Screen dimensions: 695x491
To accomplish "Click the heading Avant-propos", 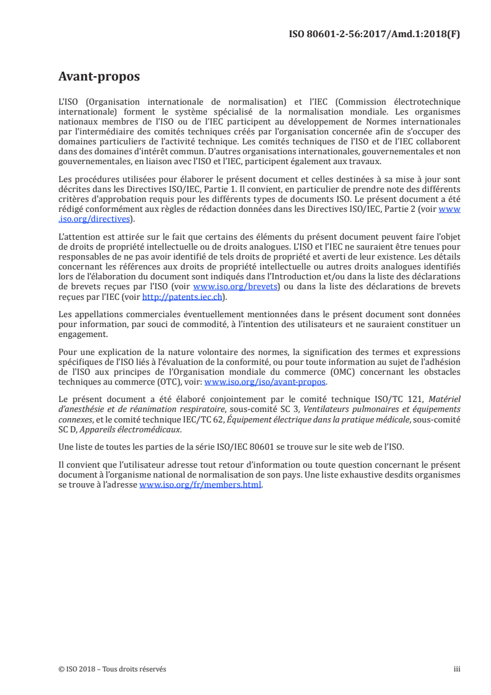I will click(98, 77).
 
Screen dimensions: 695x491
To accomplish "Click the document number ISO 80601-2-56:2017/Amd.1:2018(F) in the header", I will click(375, 34).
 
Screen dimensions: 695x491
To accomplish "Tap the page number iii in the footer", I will click(457, 669).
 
